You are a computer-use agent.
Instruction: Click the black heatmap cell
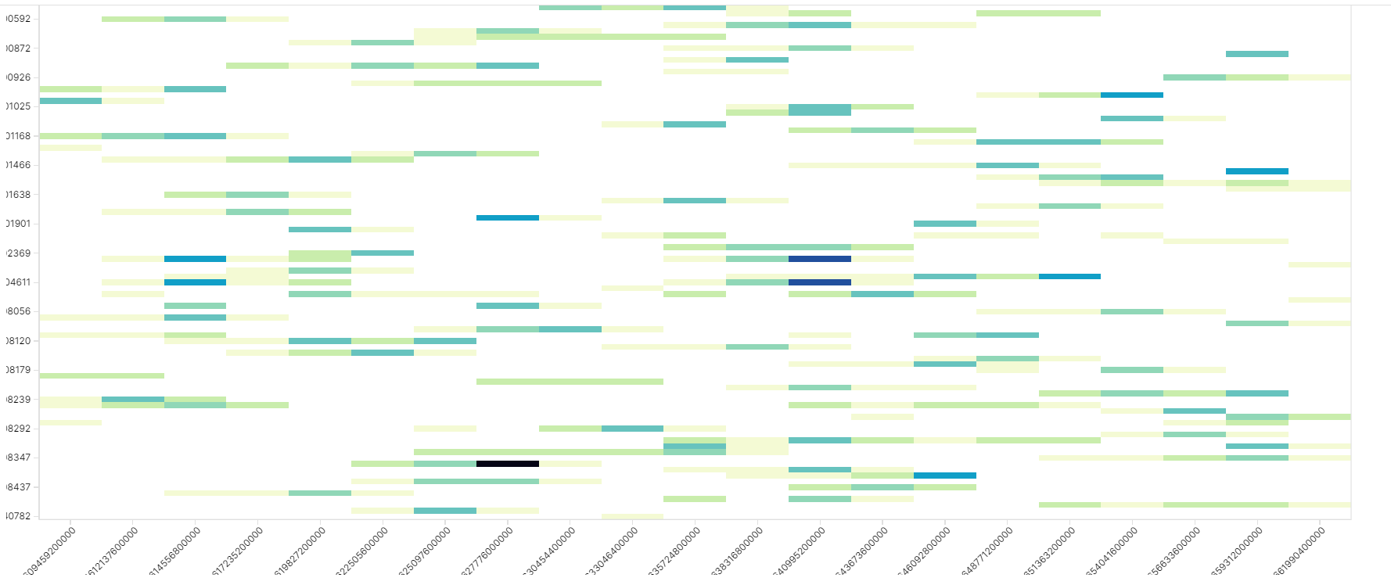click(507, 464)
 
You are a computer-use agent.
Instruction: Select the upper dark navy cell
click(819, 259)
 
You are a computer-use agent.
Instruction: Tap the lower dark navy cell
click(819, 282)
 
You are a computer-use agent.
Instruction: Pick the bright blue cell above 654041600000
click(1131, 95)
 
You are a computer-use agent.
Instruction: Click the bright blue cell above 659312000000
click(1256, 171)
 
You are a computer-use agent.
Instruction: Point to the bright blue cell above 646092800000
click(944, 476)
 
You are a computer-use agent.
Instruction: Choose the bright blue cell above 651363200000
click(1069, 276)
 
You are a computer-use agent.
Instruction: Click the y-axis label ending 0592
click(18, 19)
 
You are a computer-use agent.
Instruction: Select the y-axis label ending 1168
click(18, 136)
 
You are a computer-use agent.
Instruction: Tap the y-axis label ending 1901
click(18, 224)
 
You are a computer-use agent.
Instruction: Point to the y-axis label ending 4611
click(18, 282)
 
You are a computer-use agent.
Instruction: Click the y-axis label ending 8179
click(18, 370)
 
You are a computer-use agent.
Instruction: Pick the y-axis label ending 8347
click(18, 458)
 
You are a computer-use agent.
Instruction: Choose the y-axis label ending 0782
click(18, 516)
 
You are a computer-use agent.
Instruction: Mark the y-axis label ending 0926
click(18, 77)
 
